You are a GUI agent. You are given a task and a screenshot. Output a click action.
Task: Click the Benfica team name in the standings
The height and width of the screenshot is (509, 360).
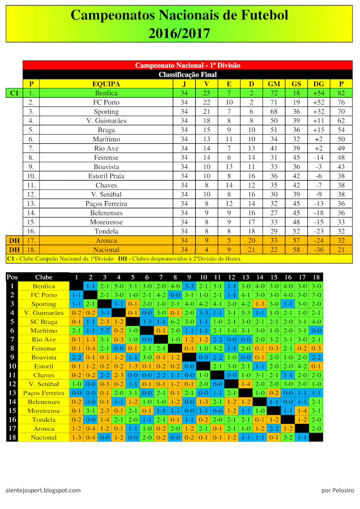[106, 93]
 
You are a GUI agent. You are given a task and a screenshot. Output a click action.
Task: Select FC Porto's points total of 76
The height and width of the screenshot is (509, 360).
[341, 102]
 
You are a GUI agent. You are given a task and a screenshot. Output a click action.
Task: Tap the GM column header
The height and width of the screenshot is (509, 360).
[274, 84]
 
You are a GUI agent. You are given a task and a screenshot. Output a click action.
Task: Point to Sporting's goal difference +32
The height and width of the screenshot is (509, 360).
[318, 112]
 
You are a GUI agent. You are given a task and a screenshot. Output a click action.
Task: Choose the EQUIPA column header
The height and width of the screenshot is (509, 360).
[106, 84]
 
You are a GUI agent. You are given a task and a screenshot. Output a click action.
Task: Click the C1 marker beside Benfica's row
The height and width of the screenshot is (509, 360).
[14, 93]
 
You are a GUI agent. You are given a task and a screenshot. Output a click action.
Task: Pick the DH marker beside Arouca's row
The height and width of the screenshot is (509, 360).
[14, 241]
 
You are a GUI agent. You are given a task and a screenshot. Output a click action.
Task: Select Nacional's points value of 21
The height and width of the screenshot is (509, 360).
[341, 250]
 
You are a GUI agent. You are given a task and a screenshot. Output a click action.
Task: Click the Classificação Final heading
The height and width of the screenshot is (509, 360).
[188, 75]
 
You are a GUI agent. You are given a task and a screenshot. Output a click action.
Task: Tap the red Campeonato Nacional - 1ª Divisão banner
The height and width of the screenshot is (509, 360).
[188, 65]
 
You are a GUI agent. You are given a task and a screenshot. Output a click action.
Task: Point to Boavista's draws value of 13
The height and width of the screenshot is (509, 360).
[229, 167]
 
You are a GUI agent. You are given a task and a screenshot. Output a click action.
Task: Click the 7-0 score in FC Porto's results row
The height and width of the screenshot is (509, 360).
[316, 295]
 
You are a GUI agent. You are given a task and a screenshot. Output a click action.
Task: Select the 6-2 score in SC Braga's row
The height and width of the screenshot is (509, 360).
[175, 322]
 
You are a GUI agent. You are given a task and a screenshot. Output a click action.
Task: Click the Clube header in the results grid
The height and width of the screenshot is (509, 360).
[44, 277]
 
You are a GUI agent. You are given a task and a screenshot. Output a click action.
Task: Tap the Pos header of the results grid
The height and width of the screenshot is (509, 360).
[12, 277]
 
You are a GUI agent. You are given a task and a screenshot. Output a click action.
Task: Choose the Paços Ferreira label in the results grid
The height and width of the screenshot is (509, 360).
[44, 393]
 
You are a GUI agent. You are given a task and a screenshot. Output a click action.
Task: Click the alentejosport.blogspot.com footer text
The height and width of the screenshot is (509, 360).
[43, 490]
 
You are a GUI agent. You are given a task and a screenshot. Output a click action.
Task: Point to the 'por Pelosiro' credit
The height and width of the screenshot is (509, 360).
[337, 490]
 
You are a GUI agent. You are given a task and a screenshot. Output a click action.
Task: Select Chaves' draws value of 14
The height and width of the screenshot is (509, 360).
[229, 185]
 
